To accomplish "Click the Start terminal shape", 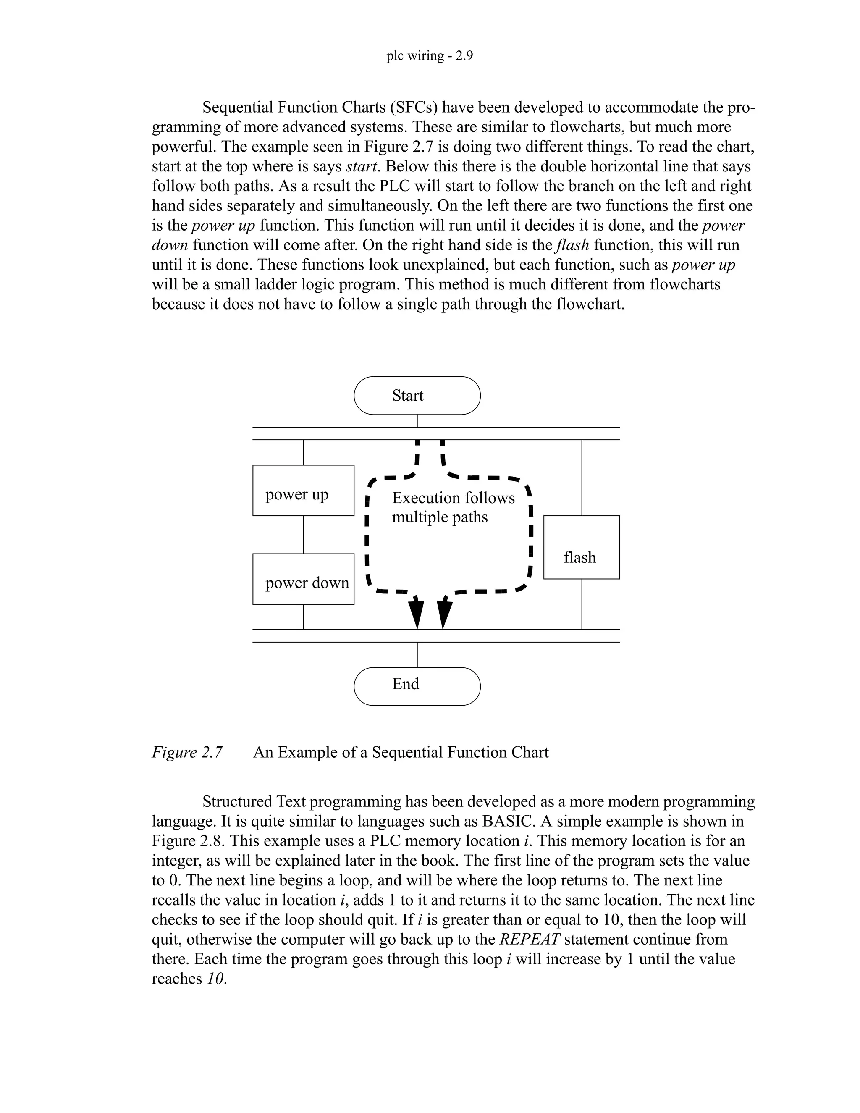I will pos(417,396).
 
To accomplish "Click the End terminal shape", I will pos(417,686).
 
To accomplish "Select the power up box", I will pos(303,490).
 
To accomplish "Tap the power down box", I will pos(303,579).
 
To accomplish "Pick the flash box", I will pos(581,547).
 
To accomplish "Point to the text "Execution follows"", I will pos(453,498).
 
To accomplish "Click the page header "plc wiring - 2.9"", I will pos(430,55).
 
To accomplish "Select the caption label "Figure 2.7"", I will pos(187,752).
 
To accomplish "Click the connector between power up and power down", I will pos(303,535).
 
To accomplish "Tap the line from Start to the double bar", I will pos(417,420).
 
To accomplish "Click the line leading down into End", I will pos(417,655).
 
